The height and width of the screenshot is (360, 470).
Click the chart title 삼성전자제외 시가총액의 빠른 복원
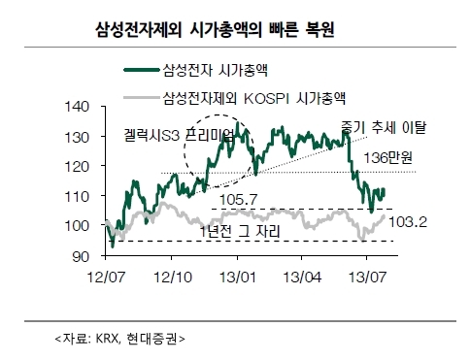(215, 30)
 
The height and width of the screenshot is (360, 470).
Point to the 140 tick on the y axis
(77, 107)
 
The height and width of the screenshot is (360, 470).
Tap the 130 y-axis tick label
(77, 138)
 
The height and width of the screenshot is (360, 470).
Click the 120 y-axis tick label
(77, 167)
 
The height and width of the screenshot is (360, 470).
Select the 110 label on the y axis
(77, 197)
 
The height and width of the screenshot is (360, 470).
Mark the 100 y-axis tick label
(77, 226)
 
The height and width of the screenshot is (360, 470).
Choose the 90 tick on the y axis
(81, 256)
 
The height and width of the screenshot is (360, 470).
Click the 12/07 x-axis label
(106, 278)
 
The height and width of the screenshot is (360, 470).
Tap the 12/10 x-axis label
(173, 278)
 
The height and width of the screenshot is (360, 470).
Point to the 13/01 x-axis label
(238, 278)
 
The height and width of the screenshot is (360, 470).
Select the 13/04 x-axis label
(302, 278)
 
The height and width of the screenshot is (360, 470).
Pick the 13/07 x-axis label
(367, 278)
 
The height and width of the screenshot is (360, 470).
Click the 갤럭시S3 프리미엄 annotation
(179, 135)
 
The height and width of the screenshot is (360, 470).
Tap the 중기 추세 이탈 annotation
(384, 127)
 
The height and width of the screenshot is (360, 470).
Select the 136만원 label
(387, 158)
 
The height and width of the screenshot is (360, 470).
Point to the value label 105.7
(239, 200)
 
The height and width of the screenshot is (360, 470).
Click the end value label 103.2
(408, 222)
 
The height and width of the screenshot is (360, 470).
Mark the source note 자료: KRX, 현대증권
(120, 339)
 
